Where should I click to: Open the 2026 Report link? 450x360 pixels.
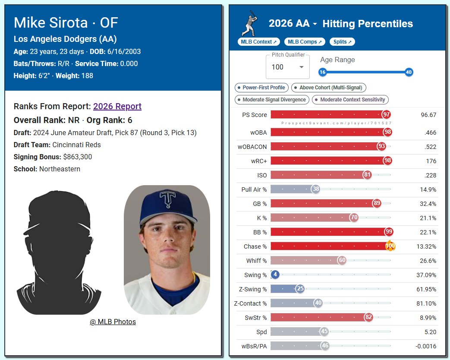[x=117, y=106]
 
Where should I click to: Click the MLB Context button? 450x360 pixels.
[x=258, y=41]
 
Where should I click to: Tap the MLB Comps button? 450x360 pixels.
[x=305, y=41]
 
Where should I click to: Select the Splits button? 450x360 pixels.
[x=342, y=41]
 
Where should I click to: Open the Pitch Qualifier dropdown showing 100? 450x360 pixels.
[x=288, y=67]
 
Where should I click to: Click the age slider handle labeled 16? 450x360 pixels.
[x=322, y=72]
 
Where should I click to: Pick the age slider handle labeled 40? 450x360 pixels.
[x=409, y=72]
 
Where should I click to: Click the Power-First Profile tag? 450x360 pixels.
[x=261, y=88]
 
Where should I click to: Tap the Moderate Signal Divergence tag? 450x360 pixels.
[x=272, y=100]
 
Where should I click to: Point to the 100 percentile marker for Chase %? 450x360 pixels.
[x=390, y=246]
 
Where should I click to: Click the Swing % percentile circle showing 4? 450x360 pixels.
[x=275, y=275]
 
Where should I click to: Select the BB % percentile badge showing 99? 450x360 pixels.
[x=389, y=232]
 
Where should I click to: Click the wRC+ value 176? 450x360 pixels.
[x=431, y=161]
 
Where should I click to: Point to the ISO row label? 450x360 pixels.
[x=262, y=175]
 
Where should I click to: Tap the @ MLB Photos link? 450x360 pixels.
[x=113, y=322]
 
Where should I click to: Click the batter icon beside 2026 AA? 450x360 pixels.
[x=250, y=23]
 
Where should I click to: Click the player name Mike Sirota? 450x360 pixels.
[x=51, y=22]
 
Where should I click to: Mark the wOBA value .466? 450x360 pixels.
[x=430, y=133]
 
